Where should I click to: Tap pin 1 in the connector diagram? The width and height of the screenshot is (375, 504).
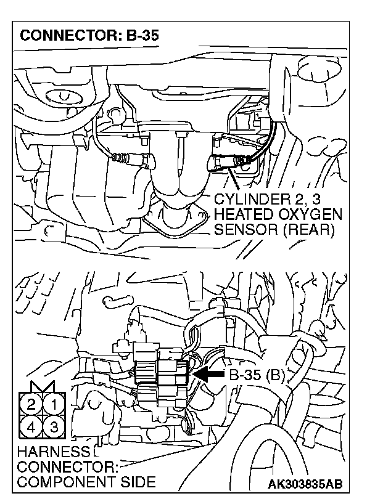click(53, 405)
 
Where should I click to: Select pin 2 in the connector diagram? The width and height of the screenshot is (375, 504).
click(31, 405)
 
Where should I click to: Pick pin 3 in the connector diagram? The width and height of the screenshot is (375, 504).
click(53, 426)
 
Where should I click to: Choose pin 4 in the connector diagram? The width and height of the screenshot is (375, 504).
click(31, 426)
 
